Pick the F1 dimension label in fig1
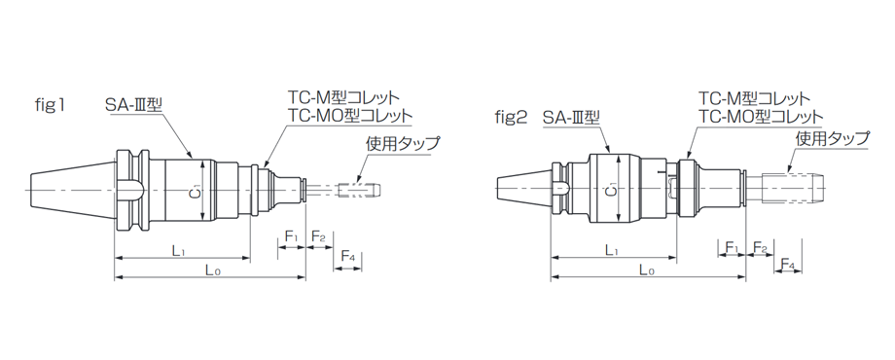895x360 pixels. (291, 236)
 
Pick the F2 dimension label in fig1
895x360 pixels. (317, 236)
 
